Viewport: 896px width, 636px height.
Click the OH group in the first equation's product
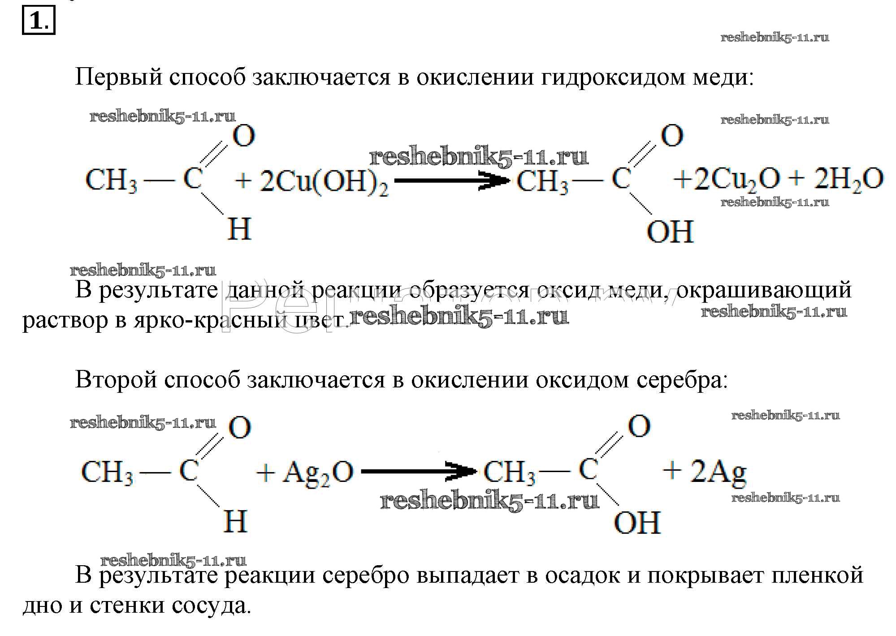pyautogui.click(x=670, y=232)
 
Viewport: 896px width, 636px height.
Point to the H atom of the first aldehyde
pyautogui.click(x=239, y=229)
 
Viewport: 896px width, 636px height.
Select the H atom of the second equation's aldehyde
pyautogui.click(x=235, y=521)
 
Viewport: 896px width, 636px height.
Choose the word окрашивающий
pyautogui.click(x=764, y=290)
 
